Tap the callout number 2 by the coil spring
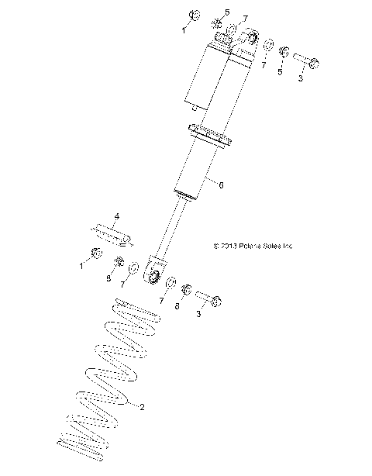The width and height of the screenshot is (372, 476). tap(141, 405)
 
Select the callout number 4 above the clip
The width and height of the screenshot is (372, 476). tap(117, 216)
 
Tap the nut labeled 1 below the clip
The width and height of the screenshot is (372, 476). tap(97, 253)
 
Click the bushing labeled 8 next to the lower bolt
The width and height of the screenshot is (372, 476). tap(186, 290)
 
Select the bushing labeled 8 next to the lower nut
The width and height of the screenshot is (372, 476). tap(121, 260)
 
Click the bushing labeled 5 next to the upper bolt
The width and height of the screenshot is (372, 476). tap(284, 52)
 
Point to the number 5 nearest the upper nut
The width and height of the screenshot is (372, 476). tap(206, 12)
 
